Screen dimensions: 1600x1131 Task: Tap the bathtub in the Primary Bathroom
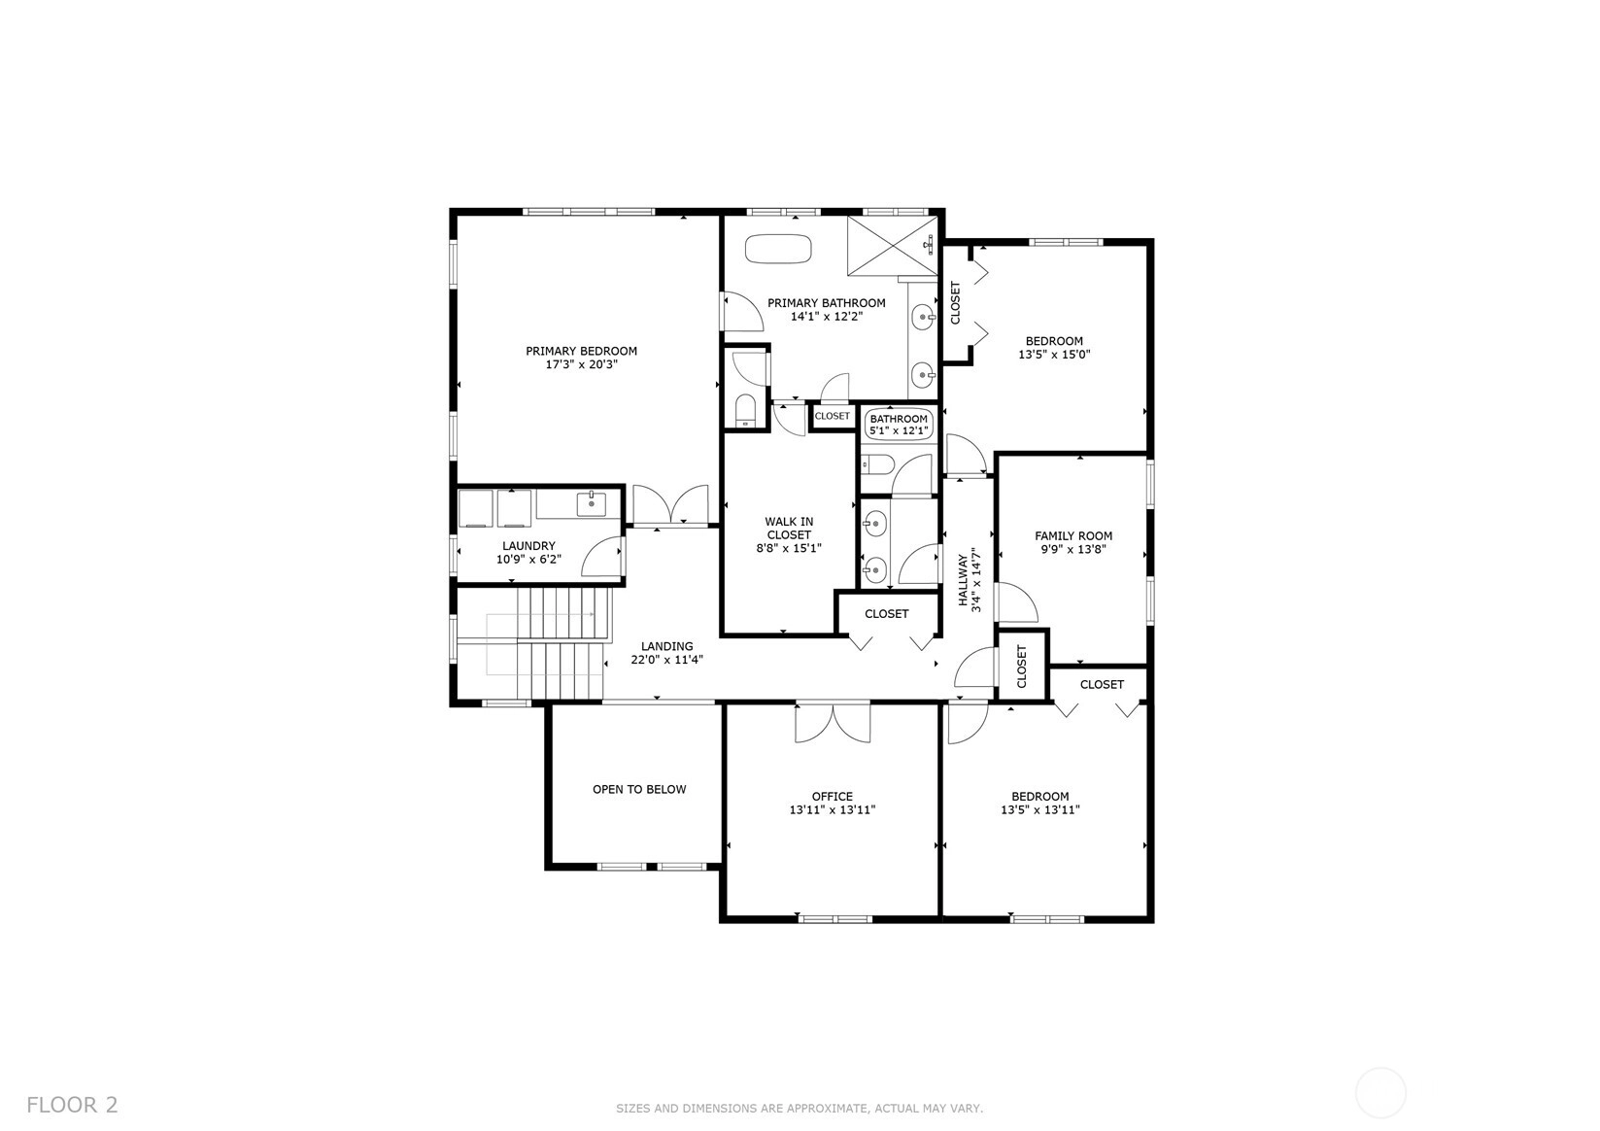tap(778, 249)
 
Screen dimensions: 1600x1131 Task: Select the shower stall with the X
tap(892, 245)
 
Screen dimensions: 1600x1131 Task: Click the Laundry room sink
tap(592, 504)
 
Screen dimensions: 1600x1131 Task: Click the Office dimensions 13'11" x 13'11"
tap(833, 809)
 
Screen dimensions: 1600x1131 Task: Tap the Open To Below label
tap(639, 789)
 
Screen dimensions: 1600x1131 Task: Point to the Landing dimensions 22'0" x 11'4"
tap(666, 660)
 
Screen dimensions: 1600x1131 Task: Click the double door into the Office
tap(833, 722)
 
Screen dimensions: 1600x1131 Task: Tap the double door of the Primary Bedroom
tap(670, 505)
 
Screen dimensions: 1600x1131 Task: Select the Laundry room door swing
tap(602, 557)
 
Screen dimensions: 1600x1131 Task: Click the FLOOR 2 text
tap(72, 1105)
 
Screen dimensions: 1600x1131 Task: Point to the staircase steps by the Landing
tap(564, 643)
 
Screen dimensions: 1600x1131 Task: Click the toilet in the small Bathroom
tap(877, 465)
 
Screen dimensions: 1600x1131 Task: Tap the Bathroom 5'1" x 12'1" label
tap(899, 425)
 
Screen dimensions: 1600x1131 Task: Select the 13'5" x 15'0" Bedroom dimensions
tap(1054, 355)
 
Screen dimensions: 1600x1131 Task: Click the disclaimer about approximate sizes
tap(800, 1108)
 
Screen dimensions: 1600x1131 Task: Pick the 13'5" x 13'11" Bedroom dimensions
tap(1040, 809)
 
